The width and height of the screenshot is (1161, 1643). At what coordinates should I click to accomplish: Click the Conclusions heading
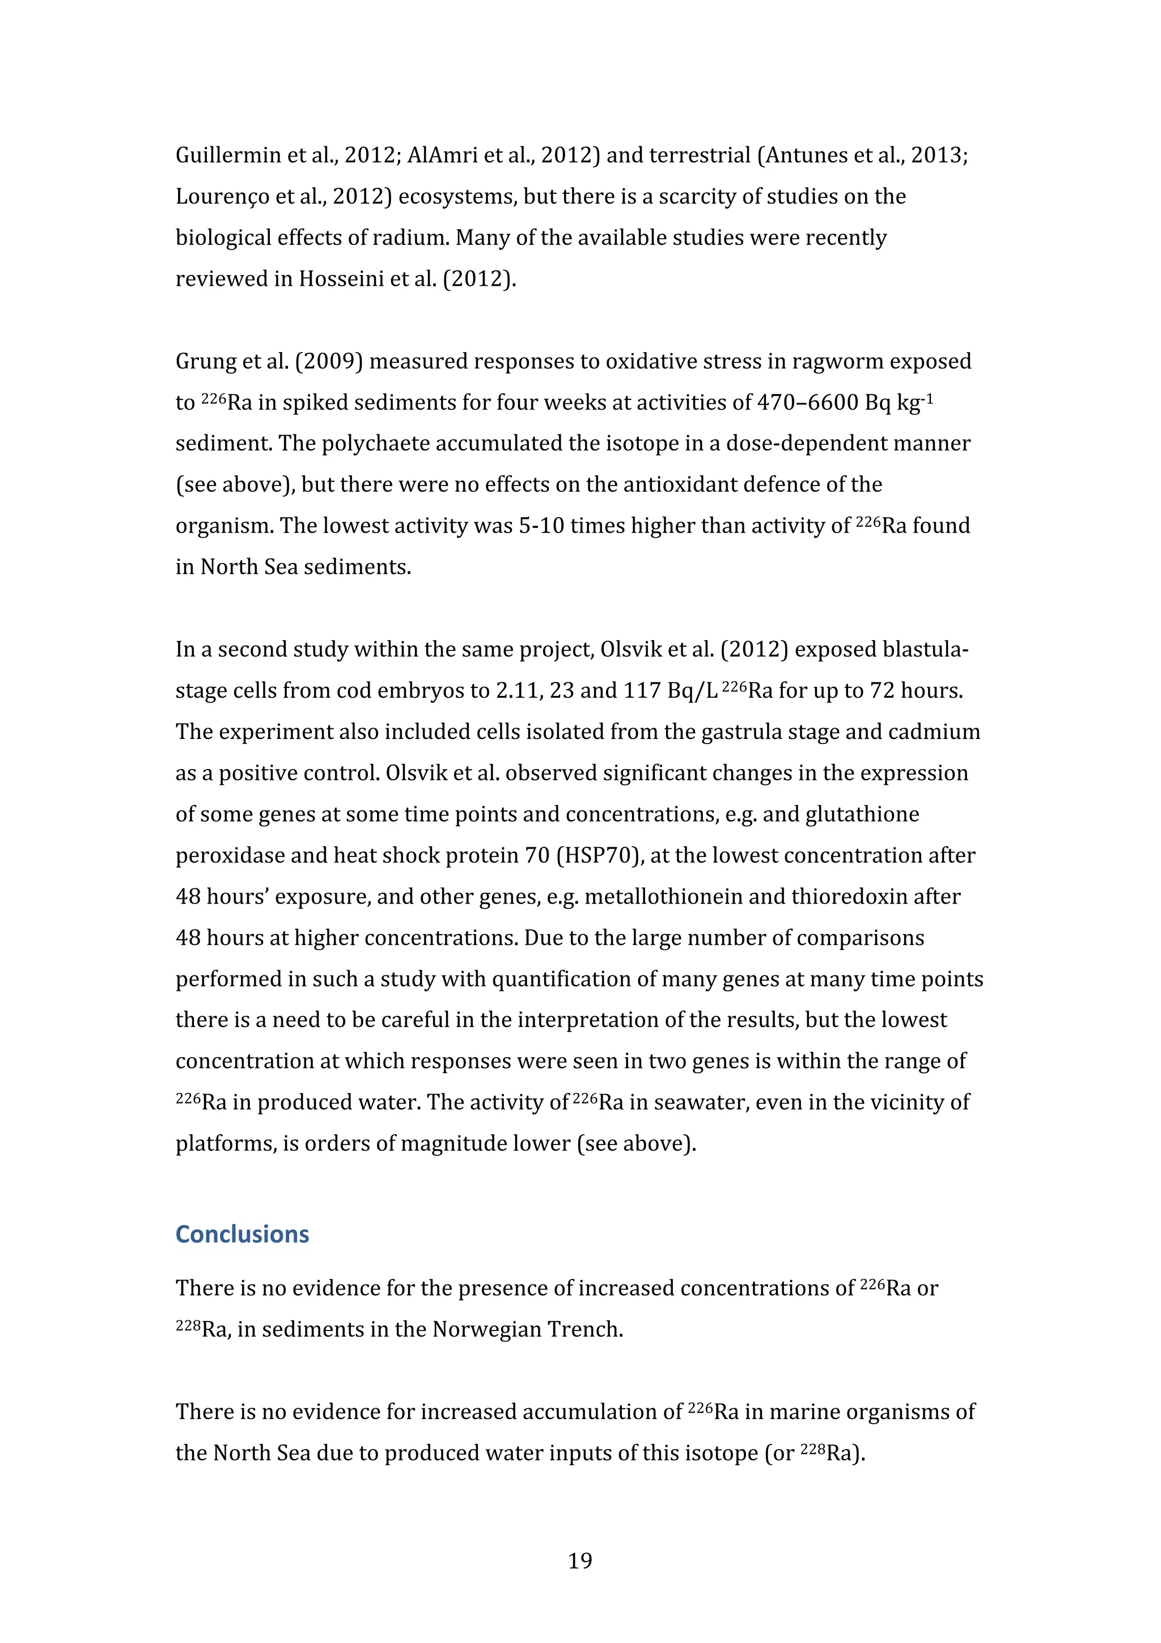coord(242,1235)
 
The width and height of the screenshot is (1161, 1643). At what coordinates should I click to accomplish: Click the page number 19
coord(579,1561)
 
